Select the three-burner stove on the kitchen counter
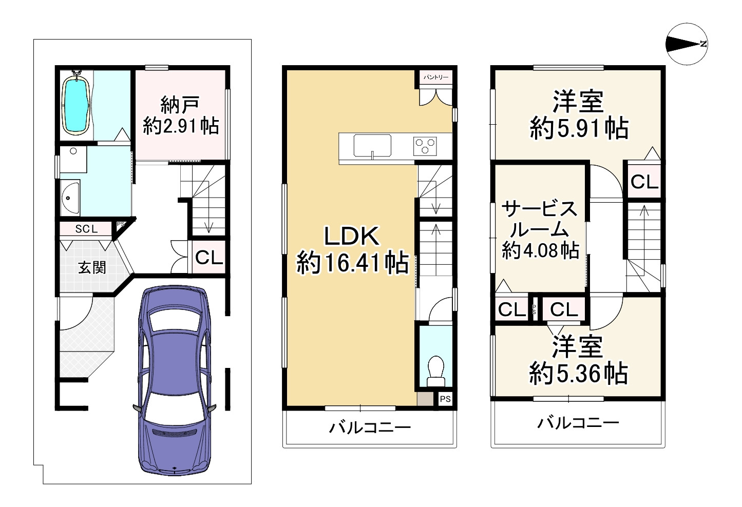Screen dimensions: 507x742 [x=425, y=145]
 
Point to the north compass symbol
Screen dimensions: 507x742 [x=686, y=45]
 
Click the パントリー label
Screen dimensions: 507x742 [x=435, y=77]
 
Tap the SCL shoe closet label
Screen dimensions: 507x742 [x=86, y=229]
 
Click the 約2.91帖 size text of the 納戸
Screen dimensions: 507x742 [x=181, y=126]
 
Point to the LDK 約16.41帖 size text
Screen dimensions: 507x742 [x=353, y=263]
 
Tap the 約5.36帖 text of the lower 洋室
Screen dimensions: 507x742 [x=579, y=374]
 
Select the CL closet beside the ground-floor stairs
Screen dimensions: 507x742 [x=209, y=257]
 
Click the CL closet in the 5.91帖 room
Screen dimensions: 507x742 [x=644, y=181]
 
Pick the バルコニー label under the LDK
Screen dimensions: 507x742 [x=370, y=427]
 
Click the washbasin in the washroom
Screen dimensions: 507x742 [x=69, y=198]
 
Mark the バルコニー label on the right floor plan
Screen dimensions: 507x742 [x=578, y=423]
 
